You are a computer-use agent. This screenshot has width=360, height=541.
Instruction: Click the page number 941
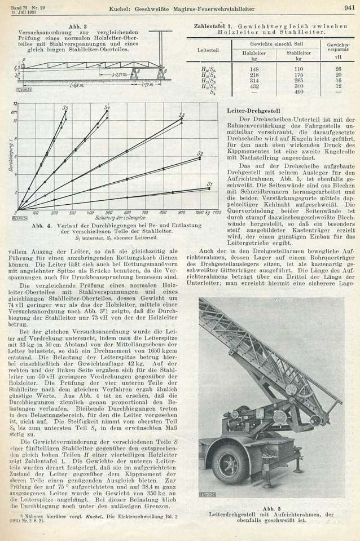(x=348, y=7)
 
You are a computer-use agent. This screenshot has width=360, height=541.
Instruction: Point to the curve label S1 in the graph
(x=209, y=184)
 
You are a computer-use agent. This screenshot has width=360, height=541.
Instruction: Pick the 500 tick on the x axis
(x=112, y=214)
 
